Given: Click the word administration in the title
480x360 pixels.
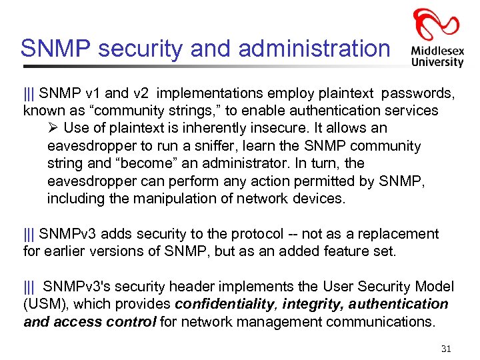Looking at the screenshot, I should (313, 48).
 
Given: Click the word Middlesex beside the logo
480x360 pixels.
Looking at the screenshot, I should (437, 50).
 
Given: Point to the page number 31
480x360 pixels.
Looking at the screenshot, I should (446, 349).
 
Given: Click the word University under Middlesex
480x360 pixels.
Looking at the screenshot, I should (437, 62).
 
